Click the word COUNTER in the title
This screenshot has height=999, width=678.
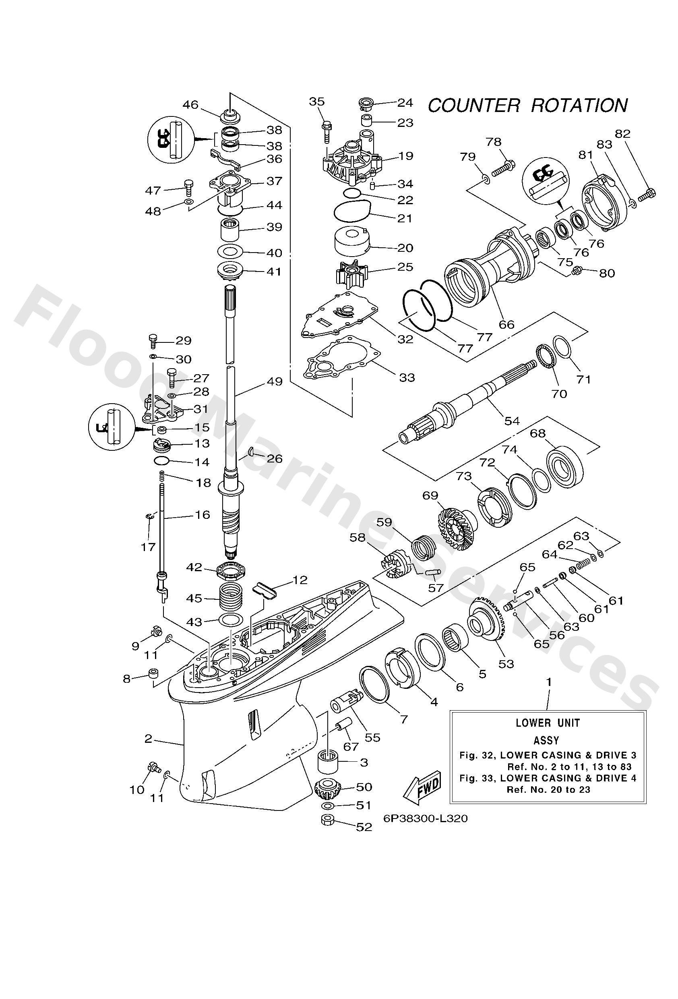tap(474, 106)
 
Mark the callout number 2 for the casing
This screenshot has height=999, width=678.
tap(148, 738)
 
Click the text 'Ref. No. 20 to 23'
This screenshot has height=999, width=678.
tap(548, 790)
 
